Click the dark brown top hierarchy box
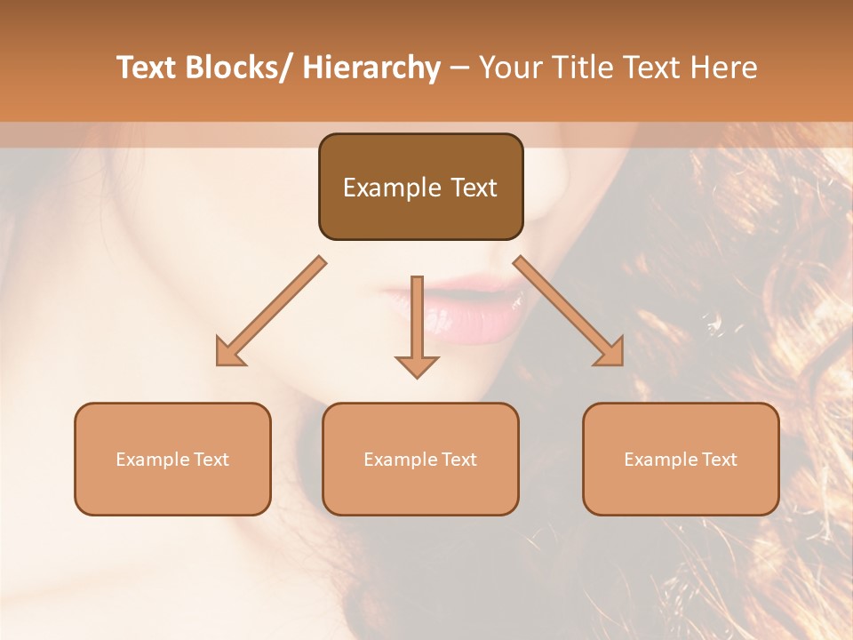coord(420,187)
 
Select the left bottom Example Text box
coord(172,459)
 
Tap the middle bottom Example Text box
coord(420,459)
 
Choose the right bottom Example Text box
coord(681,459)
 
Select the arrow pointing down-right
coord(570,312)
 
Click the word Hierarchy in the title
coord(371,68)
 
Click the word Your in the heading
coord(509,68)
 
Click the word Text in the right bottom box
coord(718,460)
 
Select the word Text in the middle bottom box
coord(458,460)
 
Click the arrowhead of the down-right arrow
coord(610,352)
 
